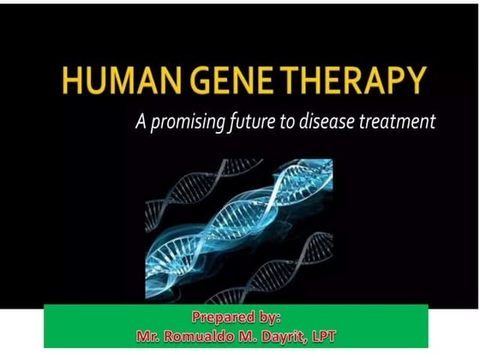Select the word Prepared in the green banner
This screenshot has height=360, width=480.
221,318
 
